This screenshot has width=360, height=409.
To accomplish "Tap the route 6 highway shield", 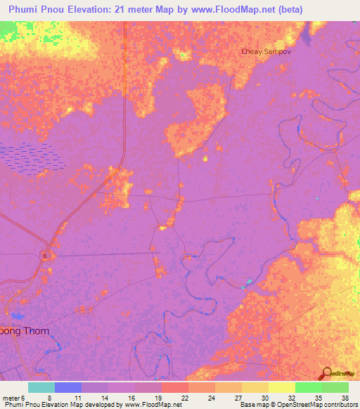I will tap(44, 255).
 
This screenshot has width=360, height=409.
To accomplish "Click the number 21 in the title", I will tap(137, 8).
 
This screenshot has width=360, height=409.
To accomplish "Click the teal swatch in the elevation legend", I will tap(41, 387).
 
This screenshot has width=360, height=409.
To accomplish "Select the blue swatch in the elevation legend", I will tap(67, 387).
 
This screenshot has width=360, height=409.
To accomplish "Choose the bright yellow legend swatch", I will tap(281, 387).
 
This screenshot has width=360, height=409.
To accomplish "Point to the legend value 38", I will tap(344, 397).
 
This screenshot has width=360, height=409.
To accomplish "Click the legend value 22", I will tap(185, 397).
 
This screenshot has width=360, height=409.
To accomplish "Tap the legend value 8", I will tap(49, 397).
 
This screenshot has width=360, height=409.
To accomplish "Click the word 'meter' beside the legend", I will tap(11, 397).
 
